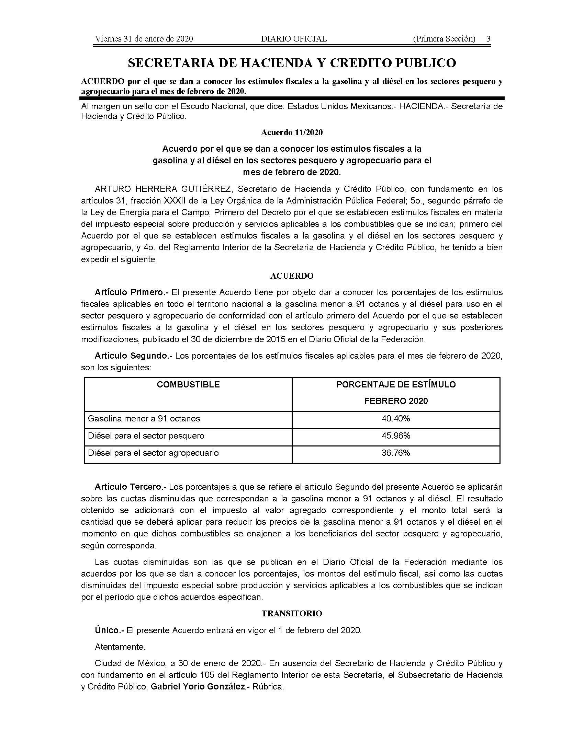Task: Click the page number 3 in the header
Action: pyautogui.click(x=488, y=39)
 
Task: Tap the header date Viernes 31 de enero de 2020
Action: pyautogui.click(x=144, y=39)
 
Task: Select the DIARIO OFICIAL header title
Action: pyautogui.click(x=294, y=39)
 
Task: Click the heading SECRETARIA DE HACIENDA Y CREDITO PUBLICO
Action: pyautogui.click(x=292, y=63)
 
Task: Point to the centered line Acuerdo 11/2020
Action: pyautogui.click(x=292, y=132)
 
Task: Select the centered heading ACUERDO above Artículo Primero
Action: pyautogui.click(x=292, y=276)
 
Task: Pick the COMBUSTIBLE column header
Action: pyautogui.click(x=188, y=384)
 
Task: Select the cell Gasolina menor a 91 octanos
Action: pyautogui.click(x=144, y=419)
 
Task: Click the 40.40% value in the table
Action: pyautogui.click(x=396, y=419)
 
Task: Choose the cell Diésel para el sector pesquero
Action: pyautogui.click(x=146, y=436)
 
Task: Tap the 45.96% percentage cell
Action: pyautogui.click(x=396, y=436)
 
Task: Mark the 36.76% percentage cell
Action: pyautogui.click(x=396, y=453)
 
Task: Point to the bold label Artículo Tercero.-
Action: pyautogui.click(x=131, y=487)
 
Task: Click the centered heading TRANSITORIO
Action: pyautogui.click(x=292, y=614)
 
